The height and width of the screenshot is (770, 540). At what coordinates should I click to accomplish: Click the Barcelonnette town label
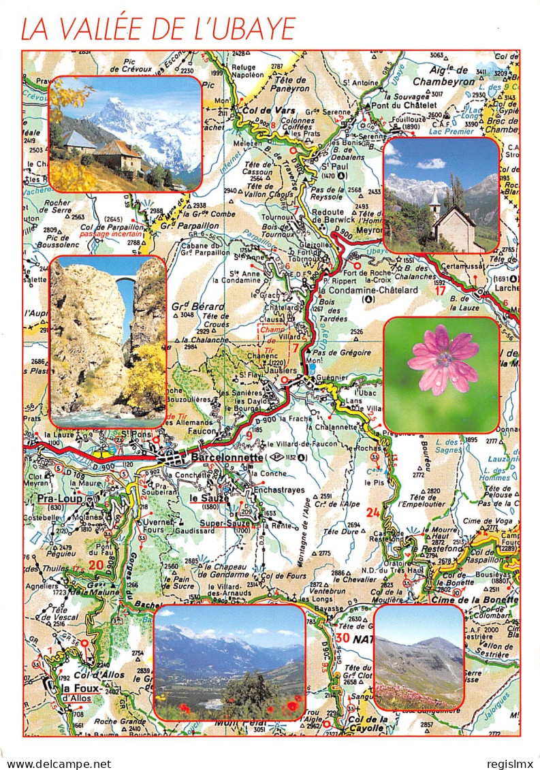pos(227,458)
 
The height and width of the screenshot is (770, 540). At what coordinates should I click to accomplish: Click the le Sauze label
pos(206,498)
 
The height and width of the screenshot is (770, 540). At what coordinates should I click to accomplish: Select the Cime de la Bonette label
pos(475,599)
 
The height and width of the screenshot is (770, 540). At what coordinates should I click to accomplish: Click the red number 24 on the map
pos(372,512)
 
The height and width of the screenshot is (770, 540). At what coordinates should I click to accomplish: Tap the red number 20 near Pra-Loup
pos(95,565)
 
